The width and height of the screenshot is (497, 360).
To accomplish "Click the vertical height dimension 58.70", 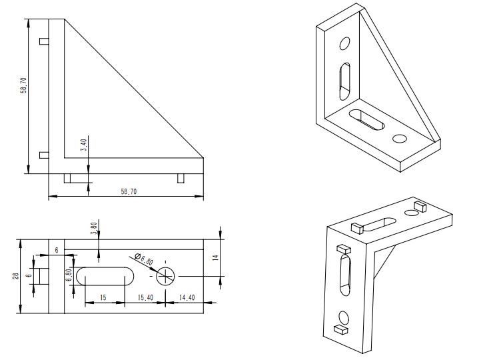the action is [24, 85].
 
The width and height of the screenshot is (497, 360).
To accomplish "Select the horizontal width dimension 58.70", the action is [129, 191].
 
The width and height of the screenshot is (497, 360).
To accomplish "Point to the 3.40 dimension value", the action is [83, 145].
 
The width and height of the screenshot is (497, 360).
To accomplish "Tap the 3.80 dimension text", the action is [94, 229].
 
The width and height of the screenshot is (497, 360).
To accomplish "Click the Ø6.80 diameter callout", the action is [144, 259].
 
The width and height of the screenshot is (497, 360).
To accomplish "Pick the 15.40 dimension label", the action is [145, 297].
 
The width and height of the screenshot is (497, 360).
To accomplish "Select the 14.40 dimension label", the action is [187, 297].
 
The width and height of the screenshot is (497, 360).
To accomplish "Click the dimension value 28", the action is [15, 275].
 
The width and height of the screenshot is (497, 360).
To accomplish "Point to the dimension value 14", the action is [216, 257].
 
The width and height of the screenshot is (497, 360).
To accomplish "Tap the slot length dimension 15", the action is [103, 297].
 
